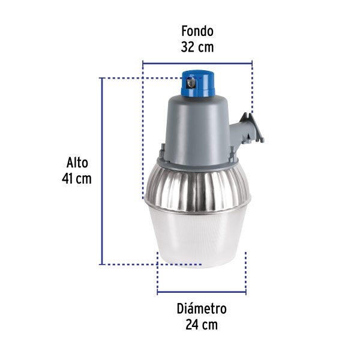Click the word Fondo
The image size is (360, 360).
tap(197, 31)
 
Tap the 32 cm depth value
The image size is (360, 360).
tap(197, 47)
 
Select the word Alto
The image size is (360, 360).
tap(77, 163)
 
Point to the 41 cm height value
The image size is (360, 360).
tap(77, 179)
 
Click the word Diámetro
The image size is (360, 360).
tap(202, 309)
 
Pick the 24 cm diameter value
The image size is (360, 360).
tap(202, 325)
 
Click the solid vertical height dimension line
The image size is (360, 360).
tap(103, 171)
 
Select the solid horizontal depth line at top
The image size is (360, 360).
tap(197, 61)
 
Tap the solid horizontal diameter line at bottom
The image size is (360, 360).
tap(202, 292)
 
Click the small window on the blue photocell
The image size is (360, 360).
tap(191, 85)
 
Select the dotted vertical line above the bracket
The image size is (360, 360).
tap(252, 87)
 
